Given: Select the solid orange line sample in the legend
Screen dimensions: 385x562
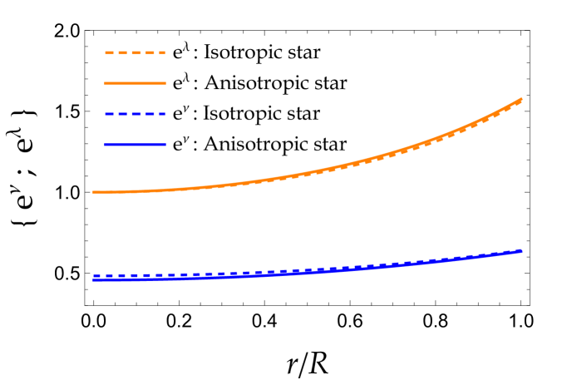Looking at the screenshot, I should pos(135,83).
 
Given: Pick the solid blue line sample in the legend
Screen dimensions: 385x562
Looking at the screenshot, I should pos(135,145).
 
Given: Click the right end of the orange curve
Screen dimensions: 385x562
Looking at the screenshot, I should pos(521,99).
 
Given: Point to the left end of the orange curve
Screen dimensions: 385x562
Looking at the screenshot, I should pos(93,192).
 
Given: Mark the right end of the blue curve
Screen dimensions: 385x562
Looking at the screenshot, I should pos(521,250).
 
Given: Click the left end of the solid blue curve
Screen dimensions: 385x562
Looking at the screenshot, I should pos(93,280).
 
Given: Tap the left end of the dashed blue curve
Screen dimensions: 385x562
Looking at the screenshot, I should pos(94,275).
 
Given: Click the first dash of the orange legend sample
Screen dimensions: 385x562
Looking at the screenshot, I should pos(109,52).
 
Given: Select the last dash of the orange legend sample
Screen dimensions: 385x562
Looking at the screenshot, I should pos(161,52).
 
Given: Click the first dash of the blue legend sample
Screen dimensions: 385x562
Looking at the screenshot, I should pos(109,114).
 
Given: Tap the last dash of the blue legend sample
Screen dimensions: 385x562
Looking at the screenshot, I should pos(161,114).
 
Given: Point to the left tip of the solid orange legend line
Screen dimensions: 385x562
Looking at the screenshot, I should pos(106,83).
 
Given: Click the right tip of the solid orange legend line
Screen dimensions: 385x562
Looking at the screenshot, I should pos(165,83).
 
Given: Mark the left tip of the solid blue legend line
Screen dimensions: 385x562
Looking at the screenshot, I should pos(106,145).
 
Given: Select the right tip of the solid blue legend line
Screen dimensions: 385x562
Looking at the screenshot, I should pos(165,145).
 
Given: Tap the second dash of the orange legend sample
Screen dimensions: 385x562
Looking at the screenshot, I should pos(122,52).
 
